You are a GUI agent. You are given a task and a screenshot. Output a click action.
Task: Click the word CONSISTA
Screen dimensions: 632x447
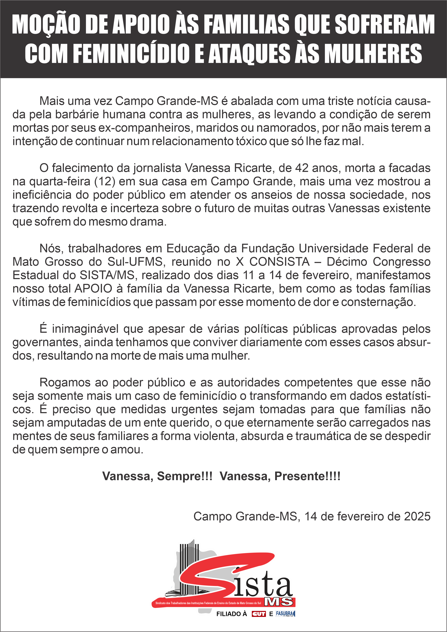tap(279, 262)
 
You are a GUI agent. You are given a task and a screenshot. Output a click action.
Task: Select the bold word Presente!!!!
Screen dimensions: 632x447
tap(308, 476)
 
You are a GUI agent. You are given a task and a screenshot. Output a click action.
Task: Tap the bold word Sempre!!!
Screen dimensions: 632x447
tap(185, 476)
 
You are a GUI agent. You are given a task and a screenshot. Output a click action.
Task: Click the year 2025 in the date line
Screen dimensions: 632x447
tap(417, 516)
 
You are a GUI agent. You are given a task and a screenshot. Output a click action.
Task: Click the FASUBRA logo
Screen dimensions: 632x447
tap(285, 614)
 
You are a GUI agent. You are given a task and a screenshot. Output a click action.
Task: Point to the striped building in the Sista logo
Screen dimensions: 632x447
tap(189, 564)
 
